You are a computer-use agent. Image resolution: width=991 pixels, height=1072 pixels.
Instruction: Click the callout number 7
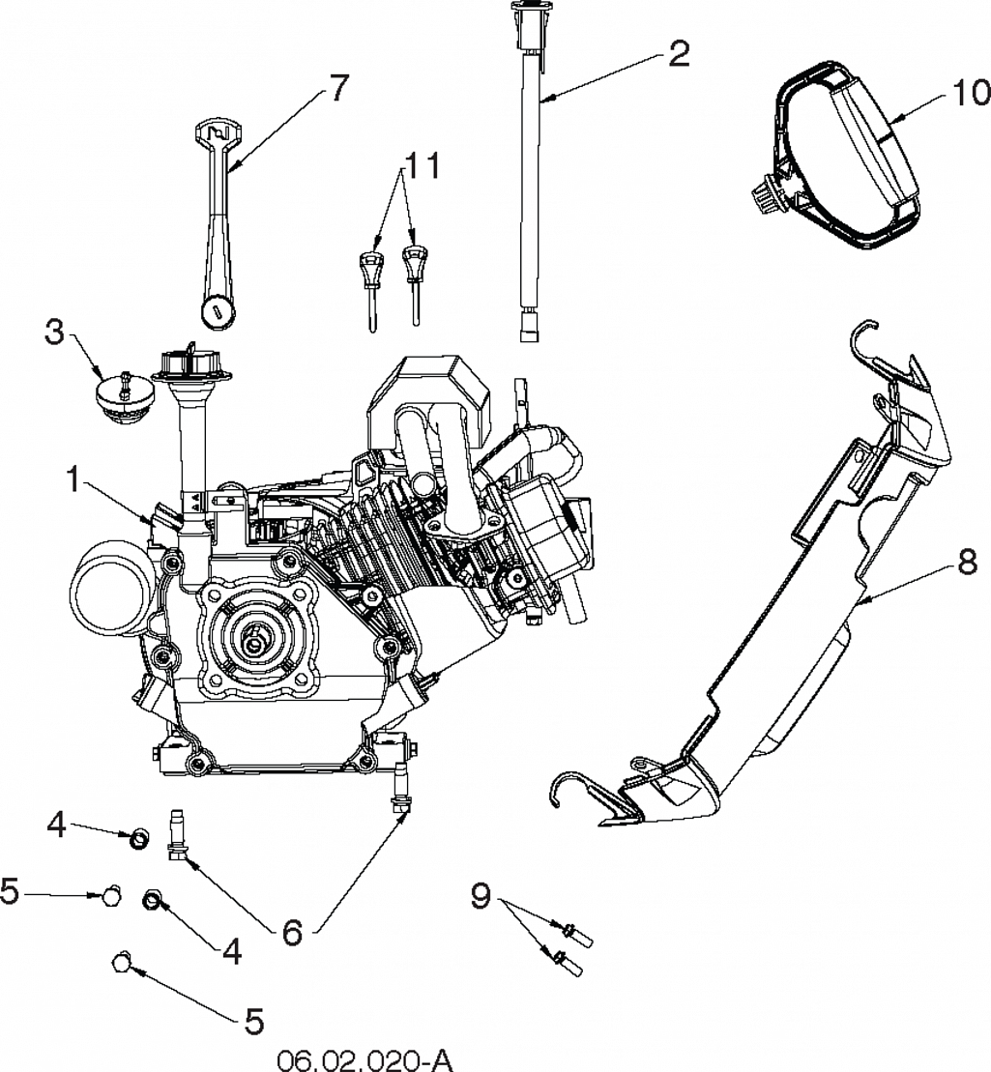(x=338, y=89)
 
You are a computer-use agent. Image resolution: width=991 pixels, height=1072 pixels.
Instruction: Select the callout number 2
(x=679, y=52)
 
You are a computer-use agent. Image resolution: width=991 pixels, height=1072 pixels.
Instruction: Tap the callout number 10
(x=971, y=92)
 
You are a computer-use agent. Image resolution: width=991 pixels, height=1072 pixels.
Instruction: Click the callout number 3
(x=54, y=333)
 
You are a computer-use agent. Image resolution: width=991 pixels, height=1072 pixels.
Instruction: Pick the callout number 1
(x=73, y=480)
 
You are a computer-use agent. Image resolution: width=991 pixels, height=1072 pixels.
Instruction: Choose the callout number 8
(x=967, y=564)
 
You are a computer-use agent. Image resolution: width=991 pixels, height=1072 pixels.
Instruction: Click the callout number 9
(x=481, y=895)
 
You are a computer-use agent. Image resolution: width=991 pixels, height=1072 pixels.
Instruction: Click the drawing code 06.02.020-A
(x=364, y=1060)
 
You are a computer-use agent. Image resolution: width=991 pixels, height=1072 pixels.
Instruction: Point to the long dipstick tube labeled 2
(x=530, y=171)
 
